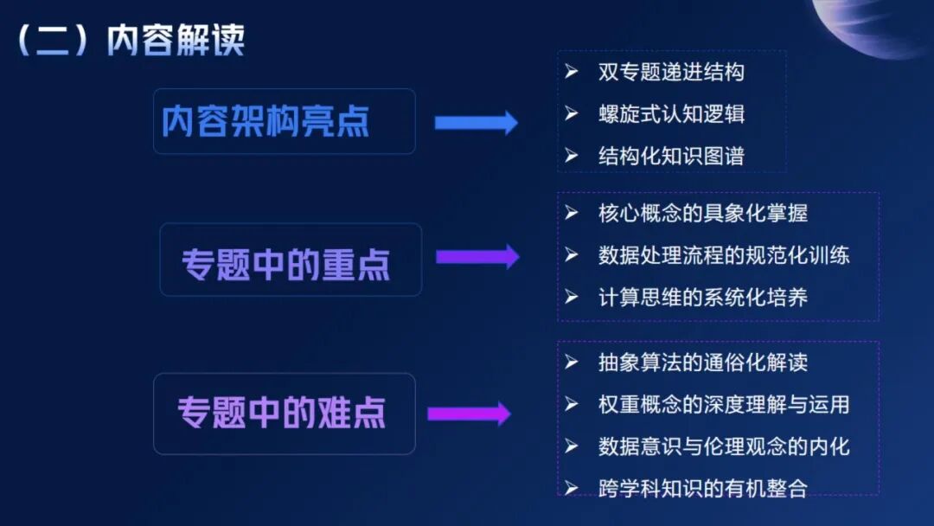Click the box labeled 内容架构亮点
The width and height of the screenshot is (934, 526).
coord(284,121)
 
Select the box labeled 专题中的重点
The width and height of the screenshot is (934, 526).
coord(291,260)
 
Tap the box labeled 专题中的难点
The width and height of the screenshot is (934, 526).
coord(284,414)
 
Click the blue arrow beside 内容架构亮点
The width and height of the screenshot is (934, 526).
coord(476,123)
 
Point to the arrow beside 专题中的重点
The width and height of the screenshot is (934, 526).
coord(477,257)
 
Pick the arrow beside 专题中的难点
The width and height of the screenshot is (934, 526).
coord(469,414)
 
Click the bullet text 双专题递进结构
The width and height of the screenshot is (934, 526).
coord(671,72)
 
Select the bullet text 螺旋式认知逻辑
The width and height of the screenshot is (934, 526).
coord(671,113)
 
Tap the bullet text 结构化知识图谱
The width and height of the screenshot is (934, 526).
coord(671,156)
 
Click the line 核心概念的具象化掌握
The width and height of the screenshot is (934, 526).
coord(702,213)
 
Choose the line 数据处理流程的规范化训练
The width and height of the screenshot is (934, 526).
coord(724,255)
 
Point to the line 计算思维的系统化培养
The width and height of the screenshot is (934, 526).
coord(702,298)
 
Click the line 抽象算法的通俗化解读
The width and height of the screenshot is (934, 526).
coord(702,362)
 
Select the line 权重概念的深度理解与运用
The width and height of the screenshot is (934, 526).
coord(724,404)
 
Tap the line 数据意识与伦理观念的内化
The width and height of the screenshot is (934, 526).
coord(724,446)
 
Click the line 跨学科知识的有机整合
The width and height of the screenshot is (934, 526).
coord(702,488)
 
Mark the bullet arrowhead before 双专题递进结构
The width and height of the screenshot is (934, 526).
coord(571,71)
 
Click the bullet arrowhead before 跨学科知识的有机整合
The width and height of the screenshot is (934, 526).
coord(571,487)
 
